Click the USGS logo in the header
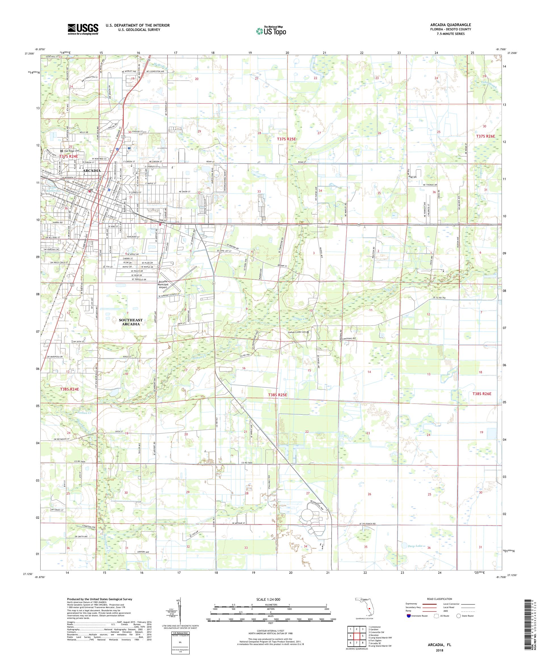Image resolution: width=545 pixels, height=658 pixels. coord(83,29)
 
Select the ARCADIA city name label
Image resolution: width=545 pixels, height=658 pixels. coord(92,171)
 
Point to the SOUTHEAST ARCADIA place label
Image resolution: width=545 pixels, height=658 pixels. coord(131,322)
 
